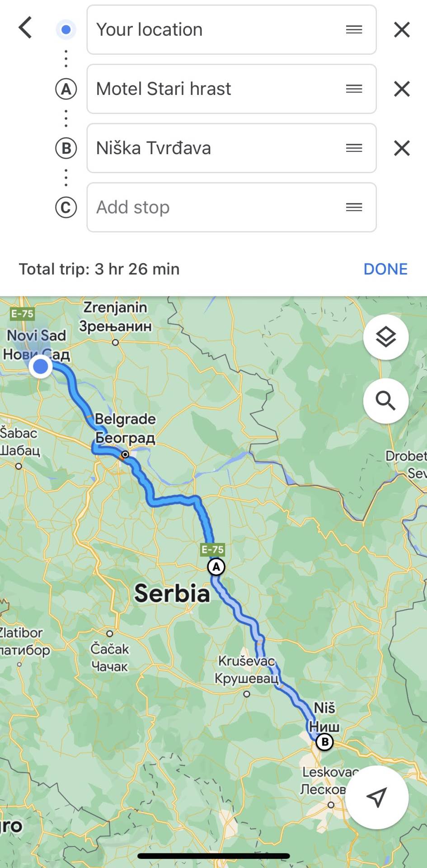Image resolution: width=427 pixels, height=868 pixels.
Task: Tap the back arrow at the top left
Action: (x=25, y=28)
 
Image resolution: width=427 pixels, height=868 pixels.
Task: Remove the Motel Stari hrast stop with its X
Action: (x=402, y=89)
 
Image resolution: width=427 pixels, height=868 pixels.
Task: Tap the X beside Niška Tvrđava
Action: (x=402, y=148)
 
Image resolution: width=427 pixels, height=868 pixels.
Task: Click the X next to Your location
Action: (x=402, y=30)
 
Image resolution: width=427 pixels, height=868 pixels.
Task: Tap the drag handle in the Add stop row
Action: (x=354, y=208)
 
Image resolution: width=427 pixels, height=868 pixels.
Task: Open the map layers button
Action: (x=386, y=337)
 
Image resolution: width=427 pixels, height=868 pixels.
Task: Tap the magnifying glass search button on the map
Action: (x=386, y=401)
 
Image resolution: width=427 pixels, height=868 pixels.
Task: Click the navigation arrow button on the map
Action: (x=377, y=797)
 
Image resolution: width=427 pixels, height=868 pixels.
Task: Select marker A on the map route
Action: (x=216, y=567)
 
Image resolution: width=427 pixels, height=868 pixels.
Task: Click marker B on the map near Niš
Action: (x=324, y=742)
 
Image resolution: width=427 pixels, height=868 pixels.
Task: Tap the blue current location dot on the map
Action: (x=41, y=366)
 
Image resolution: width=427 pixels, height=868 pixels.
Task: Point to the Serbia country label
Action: (x=172, y=593)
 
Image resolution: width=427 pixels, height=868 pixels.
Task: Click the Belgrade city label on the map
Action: (x=125, y=419)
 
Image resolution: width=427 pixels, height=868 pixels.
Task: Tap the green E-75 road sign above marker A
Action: (x=212, y=550)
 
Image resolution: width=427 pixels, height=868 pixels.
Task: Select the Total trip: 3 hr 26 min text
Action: (x=99, y=269)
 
